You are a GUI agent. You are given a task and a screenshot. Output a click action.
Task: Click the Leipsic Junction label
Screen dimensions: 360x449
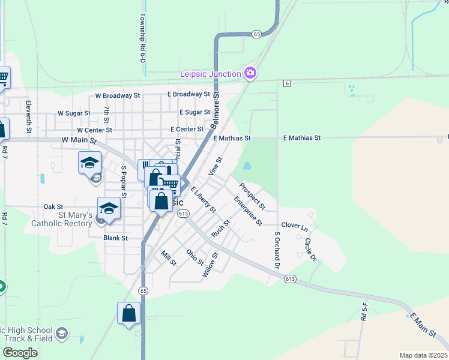click(210, 74)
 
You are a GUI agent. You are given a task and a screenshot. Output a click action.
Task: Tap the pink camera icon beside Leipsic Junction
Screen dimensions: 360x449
click(251, 74)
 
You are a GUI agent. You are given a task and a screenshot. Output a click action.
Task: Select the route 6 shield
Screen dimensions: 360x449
click(288, 83)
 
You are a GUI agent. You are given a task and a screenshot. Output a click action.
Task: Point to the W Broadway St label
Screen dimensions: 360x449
click(118, 95)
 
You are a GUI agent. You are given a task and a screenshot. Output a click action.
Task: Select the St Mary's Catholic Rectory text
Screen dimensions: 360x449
click(67, 219)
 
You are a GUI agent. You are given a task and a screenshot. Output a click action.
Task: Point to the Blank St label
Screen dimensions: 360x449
click(116, 238)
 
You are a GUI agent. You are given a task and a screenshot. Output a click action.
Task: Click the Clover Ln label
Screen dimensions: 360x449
click(294, 228)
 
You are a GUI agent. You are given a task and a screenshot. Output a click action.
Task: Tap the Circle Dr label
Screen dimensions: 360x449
click(310, 250)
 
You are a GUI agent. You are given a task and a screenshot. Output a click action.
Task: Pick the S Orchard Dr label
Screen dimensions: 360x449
click(277, 250)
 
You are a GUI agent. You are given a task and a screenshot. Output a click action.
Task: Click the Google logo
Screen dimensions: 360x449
click(20, 353)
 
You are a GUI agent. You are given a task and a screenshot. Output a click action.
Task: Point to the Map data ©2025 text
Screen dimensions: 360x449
click(423, 355)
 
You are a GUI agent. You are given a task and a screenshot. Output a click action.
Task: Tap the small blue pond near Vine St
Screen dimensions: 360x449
click(247, 166)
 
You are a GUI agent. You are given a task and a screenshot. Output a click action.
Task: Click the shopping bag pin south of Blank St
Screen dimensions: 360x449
click(128, 314)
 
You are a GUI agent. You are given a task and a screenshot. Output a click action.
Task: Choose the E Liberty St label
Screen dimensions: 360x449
click(203, 200)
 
